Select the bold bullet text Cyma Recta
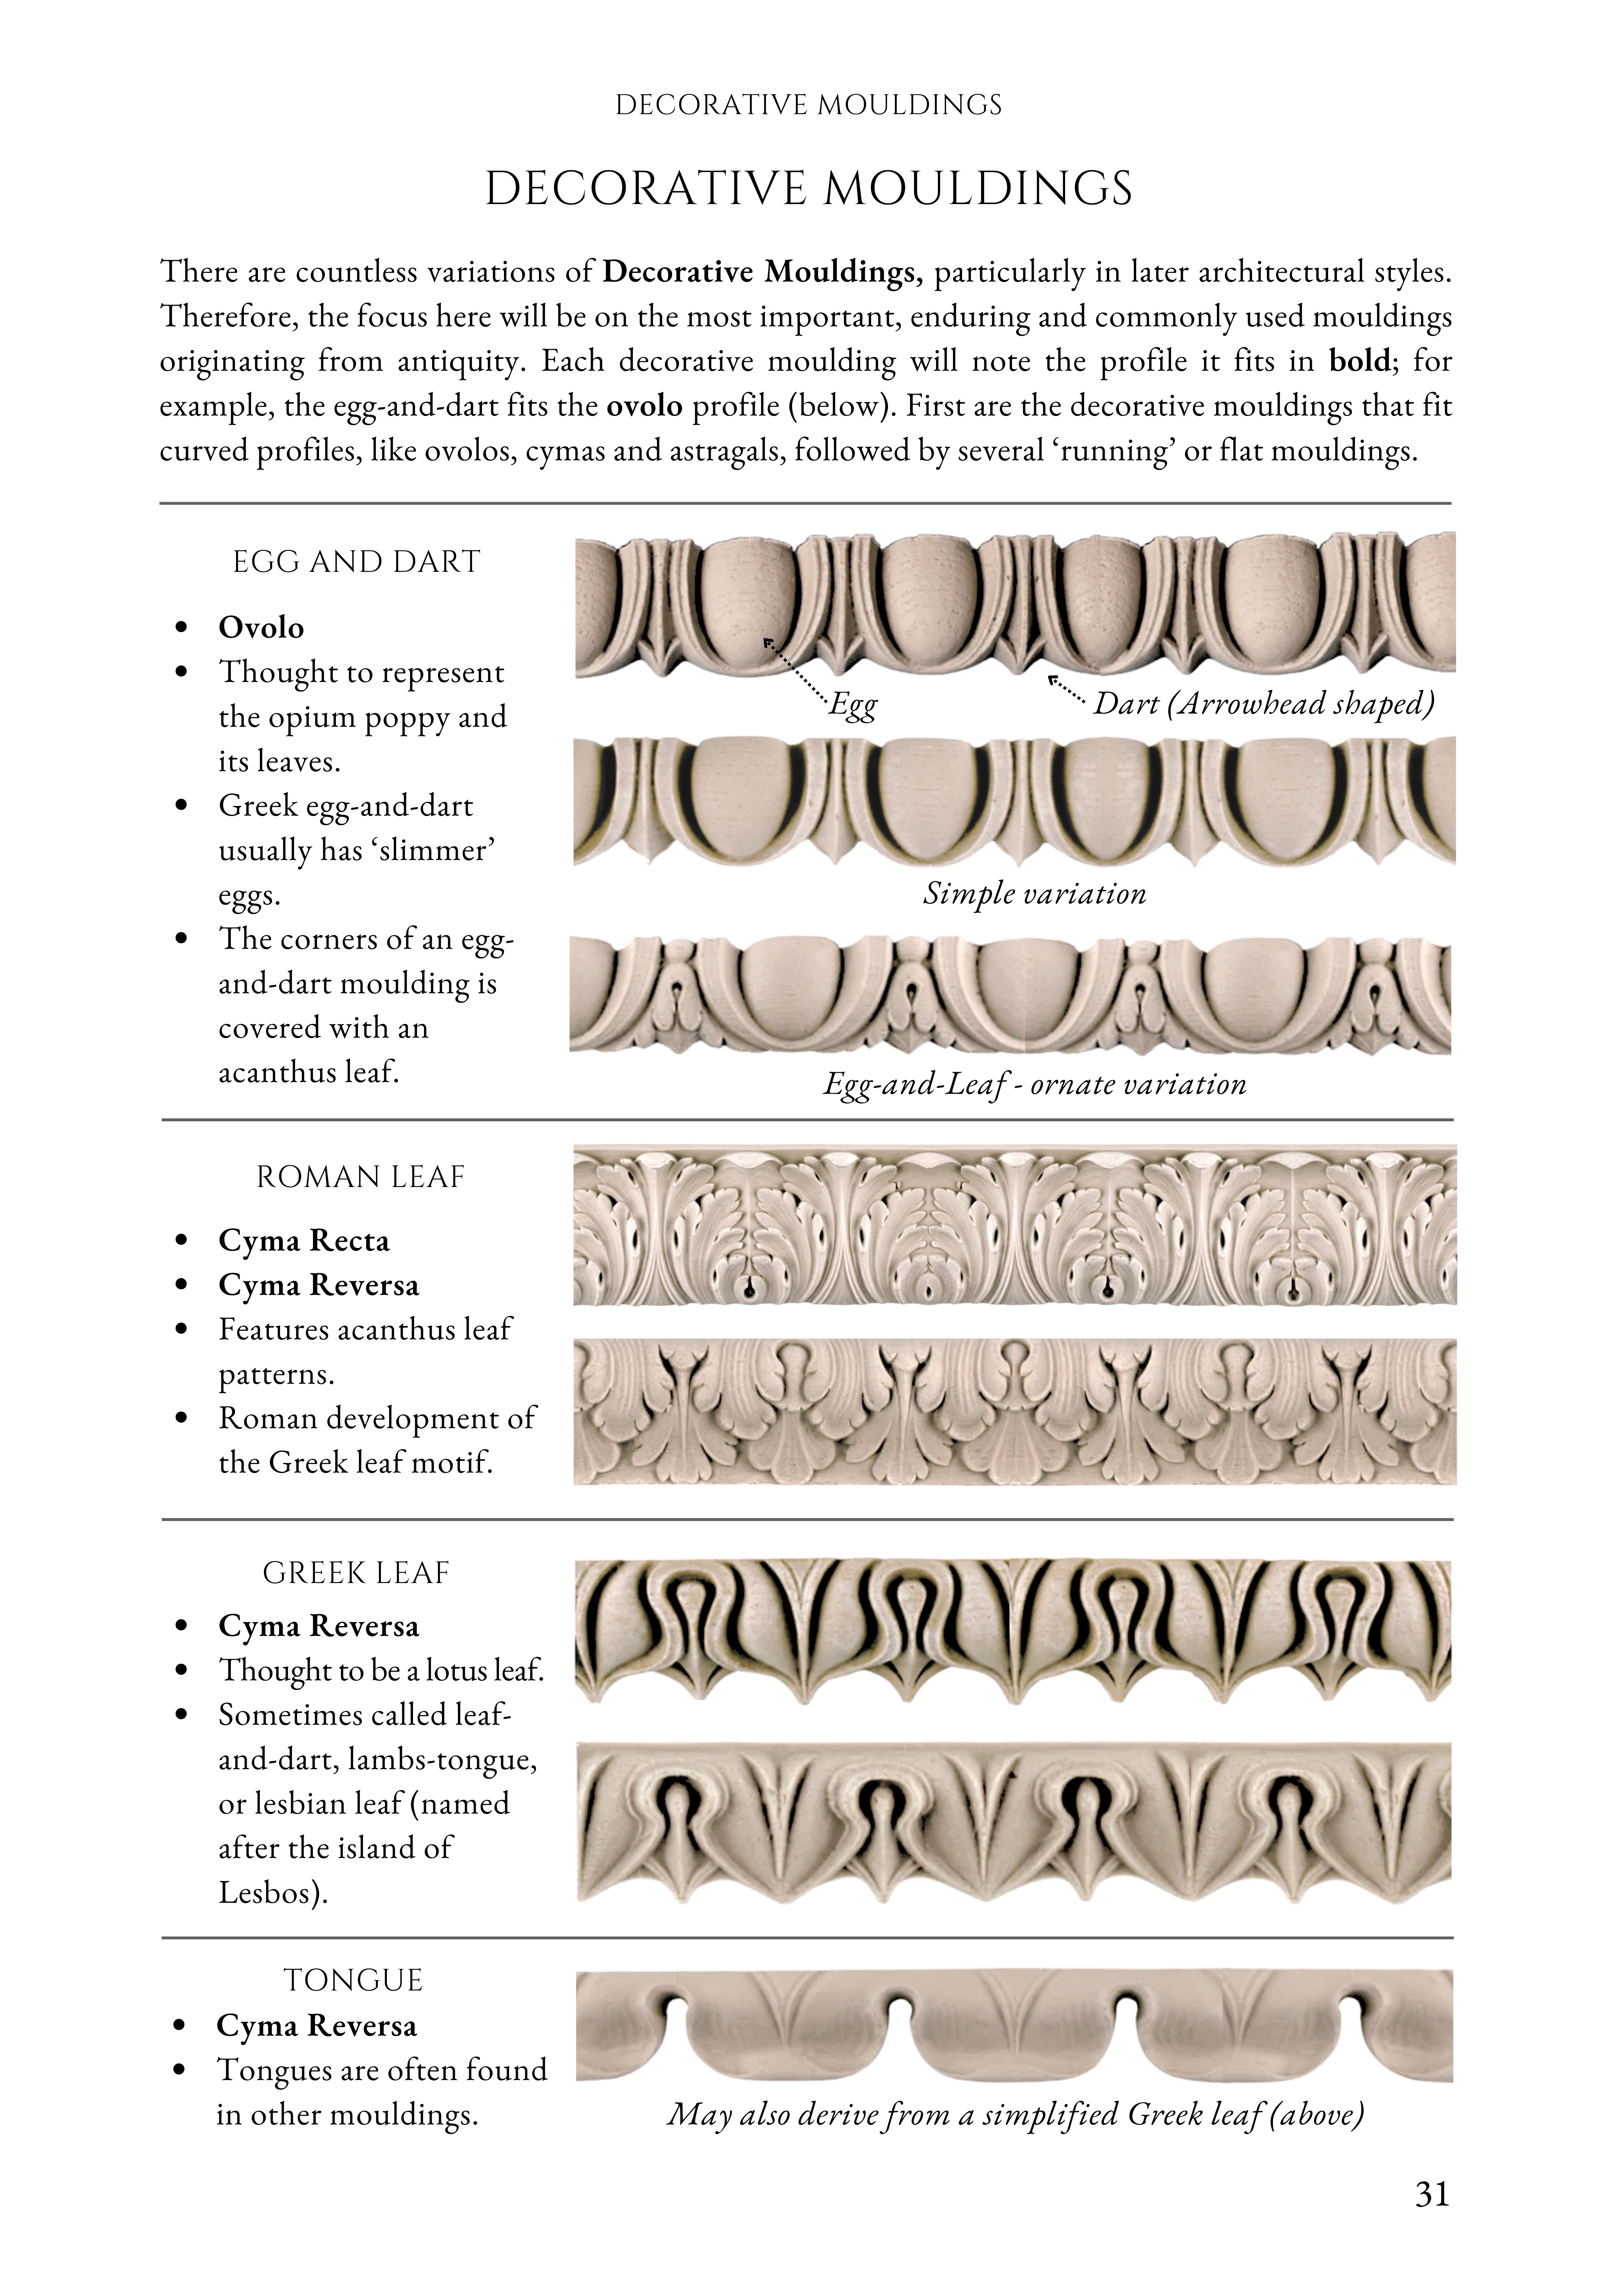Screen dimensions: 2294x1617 304,1241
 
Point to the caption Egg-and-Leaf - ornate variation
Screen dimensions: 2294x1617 1034,1085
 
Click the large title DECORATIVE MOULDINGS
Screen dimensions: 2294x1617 808,189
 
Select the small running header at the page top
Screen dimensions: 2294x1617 808,105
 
